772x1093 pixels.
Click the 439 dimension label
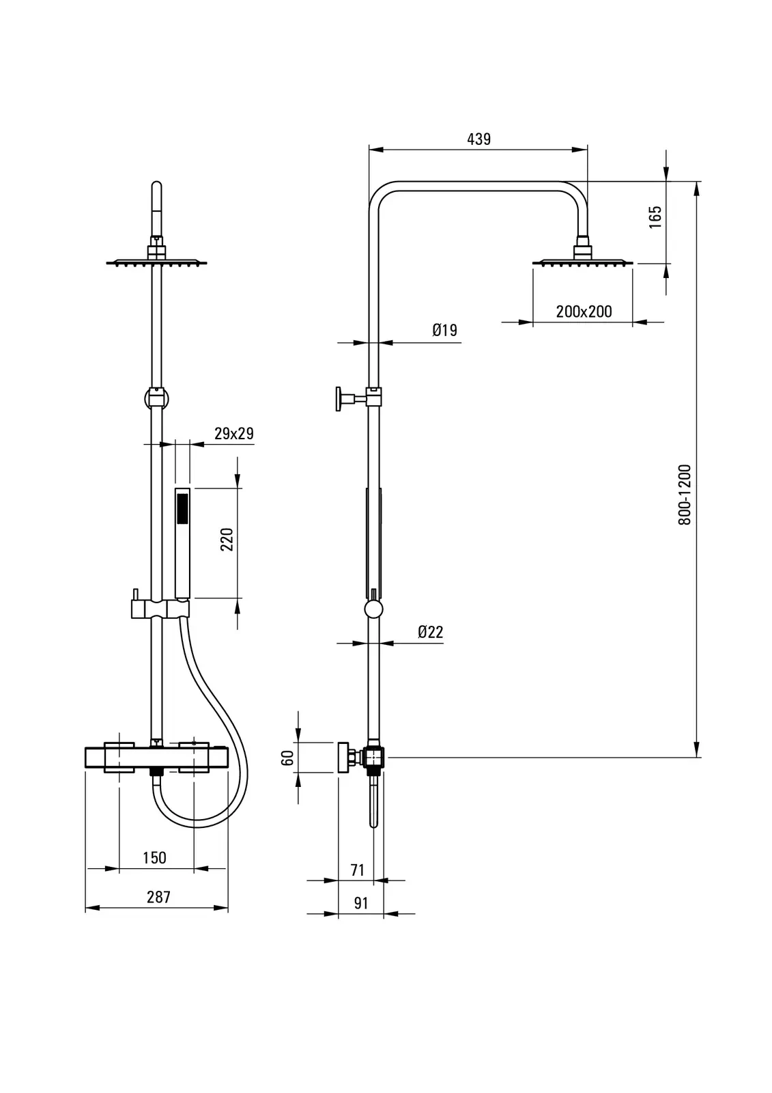(478, 139)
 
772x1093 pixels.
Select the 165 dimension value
(655, 217)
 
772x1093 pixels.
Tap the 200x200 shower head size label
(584, 312)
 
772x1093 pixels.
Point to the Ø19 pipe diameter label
(444, 331)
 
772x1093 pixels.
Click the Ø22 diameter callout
(430, 632)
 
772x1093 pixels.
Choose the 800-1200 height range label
(685, 495)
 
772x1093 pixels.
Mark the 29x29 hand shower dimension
(234, 433)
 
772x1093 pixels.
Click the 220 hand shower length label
(227, 539)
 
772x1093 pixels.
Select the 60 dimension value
(287, 757)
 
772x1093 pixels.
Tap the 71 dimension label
(357, 870)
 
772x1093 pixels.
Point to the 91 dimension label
(361, 903)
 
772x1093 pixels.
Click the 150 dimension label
(154, 858)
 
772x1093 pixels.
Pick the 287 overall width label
(158, 897)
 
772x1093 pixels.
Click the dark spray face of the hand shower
(182, 510)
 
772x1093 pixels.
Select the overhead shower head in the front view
(156, 261)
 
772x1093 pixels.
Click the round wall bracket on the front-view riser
(156, 397)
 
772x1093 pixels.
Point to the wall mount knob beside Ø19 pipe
(339, 399)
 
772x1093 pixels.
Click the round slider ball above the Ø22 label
(373, 609)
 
